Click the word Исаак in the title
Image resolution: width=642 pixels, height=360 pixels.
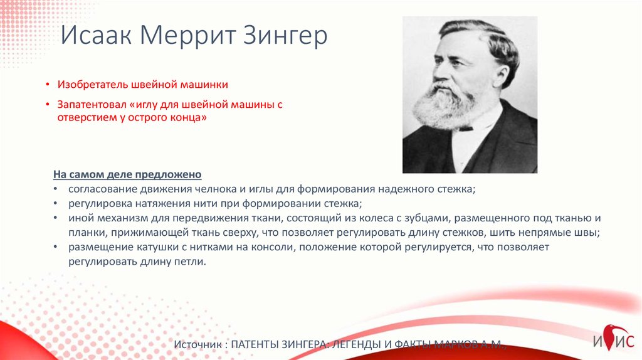point(96,36)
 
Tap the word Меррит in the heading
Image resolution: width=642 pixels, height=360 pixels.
point(188,36)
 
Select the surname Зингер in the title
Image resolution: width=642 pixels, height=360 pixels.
point(286,36)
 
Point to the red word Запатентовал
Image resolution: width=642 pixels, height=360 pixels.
point(92,105)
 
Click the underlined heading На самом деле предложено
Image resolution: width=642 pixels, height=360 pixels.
point(127,174)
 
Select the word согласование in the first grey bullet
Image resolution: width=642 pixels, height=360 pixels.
point(103,189)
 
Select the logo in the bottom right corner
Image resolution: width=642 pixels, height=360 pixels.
point(613,338)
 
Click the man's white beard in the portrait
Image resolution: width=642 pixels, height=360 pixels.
point(445,105)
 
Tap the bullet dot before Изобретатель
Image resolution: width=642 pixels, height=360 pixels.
point(48,85)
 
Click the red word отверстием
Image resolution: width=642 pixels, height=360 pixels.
point(85,117)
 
